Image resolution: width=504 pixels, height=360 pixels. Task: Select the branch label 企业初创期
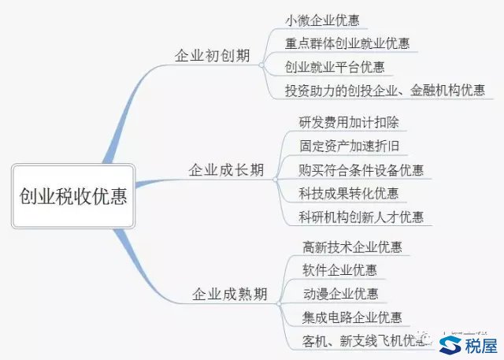[212, 56]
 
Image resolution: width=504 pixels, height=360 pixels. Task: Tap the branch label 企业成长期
[226, 169]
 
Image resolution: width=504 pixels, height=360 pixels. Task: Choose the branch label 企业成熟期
[230, 295]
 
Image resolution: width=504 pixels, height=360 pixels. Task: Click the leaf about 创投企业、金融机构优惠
[385, 90]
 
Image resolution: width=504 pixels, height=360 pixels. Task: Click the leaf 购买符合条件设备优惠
[361, 169]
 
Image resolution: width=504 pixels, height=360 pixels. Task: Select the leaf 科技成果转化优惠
[349, 193]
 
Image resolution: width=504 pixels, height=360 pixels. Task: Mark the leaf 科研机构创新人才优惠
[361, 217]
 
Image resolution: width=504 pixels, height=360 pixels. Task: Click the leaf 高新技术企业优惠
[352, 247]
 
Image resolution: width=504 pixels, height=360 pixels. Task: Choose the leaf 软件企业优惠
[339, 270]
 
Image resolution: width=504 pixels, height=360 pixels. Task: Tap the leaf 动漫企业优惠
[339, 294]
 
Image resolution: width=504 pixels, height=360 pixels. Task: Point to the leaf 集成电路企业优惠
[352, 317]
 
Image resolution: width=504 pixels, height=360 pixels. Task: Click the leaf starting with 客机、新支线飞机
[362, 341]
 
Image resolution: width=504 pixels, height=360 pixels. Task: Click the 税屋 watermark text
[482, 345]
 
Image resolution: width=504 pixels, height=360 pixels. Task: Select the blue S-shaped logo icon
[452, 345]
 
